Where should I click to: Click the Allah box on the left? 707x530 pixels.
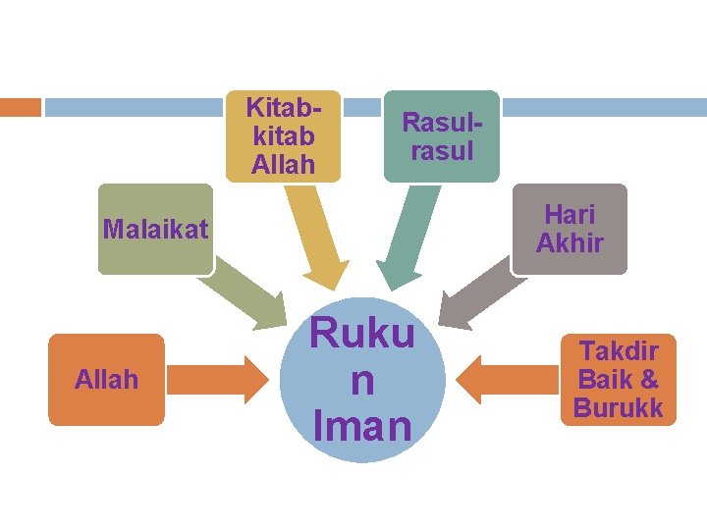point(106,380)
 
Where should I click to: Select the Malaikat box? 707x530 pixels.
point(155,230)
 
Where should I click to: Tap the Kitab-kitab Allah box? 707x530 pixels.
point(283,136)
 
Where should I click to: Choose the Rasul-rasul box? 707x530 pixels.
point(441,136)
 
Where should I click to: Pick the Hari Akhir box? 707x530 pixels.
point(570,229)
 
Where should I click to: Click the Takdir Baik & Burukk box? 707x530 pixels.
point(619,380)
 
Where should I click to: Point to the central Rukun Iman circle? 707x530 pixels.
point(362,380)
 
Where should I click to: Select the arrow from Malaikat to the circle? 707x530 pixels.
point(251,292)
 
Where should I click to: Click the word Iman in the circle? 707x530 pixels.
point(362,426)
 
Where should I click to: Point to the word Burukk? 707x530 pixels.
point(619,407)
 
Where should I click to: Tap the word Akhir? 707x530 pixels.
point(570,242)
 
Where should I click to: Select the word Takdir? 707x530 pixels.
point(619,351)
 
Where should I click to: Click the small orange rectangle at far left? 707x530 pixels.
point(20,107)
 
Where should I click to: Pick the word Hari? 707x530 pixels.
point(571,214)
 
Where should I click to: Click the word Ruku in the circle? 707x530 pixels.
point(362,334)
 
